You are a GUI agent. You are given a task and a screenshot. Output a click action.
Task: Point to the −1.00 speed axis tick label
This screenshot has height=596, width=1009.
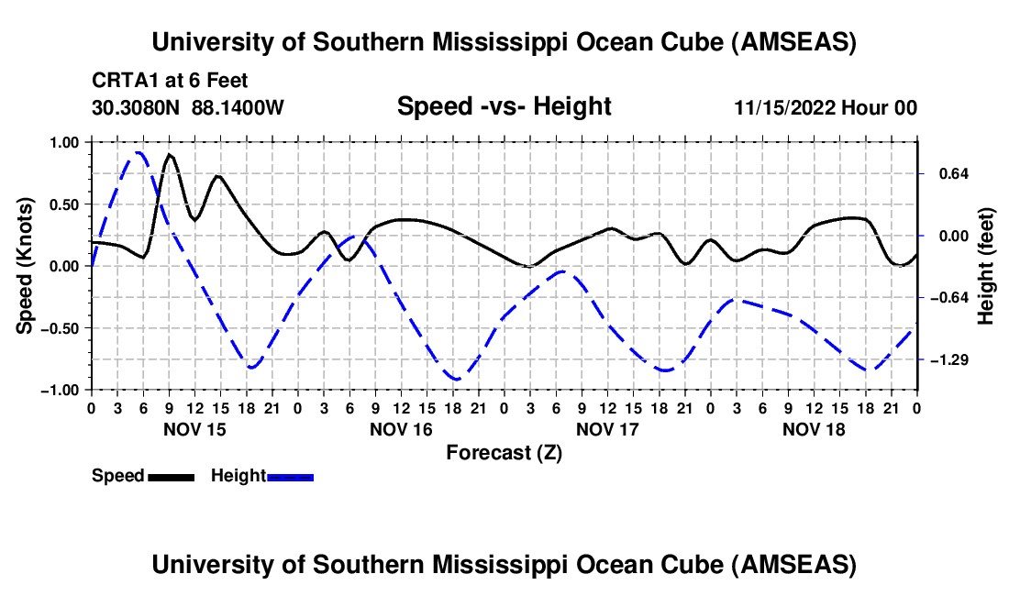(x=59, y=390)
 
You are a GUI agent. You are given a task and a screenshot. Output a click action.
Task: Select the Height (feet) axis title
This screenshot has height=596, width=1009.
(x=986, y=266)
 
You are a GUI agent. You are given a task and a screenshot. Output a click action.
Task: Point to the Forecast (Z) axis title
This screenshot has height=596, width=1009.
(x=503, y=452)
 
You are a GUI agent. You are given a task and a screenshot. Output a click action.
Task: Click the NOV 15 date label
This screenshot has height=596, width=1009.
(x=194, y=429)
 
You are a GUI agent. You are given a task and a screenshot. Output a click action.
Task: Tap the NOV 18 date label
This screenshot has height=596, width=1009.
(x=813, y=429)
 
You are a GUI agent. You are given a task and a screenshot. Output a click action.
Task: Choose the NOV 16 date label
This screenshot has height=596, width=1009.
(x=400, y=429)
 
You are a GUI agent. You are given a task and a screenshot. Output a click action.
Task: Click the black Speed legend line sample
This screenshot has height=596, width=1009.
(x=171, y=476)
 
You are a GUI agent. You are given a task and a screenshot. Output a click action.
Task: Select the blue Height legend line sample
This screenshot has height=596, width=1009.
(x=290, y=476)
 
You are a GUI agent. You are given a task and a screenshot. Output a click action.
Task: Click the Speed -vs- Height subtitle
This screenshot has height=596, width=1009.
(x=504, y=106)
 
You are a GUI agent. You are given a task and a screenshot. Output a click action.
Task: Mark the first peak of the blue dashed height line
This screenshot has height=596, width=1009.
(x=138, y=153)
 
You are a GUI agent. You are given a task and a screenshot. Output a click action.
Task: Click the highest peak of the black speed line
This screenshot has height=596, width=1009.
(x=170, y=155)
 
